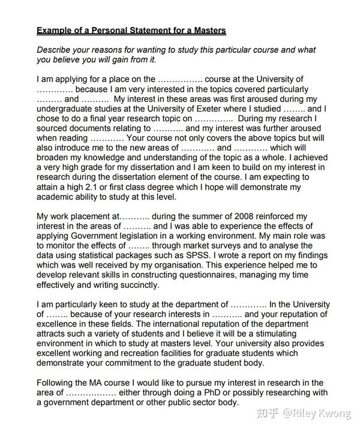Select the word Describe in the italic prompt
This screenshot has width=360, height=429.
click(56, 50)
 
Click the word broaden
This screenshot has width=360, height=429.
click(54, 158)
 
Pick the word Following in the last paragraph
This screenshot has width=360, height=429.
click(57, 383)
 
